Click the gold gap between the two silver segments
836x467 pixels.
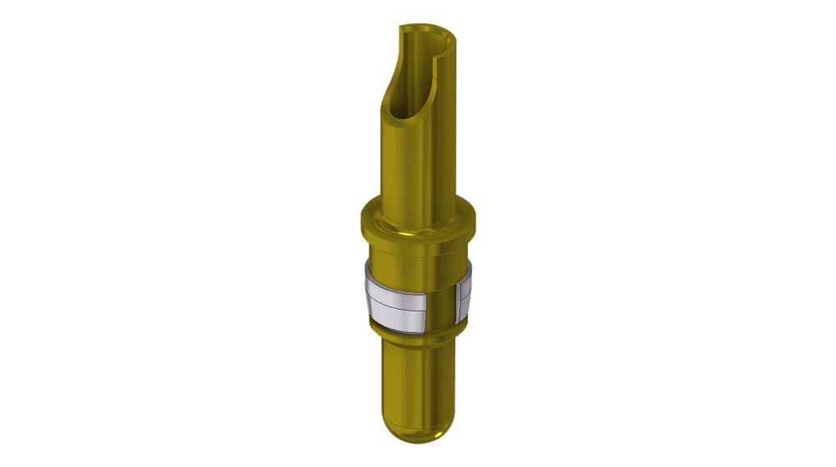440,307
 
